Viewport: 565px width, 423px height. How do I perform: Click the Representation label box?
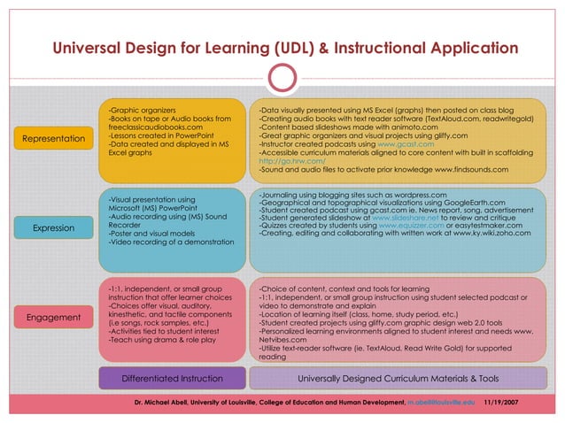[54, 139]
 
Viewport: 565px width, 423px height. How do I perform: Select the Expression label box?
[54, 228]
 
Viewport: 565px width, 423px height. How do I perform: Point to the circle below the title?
[282, 78]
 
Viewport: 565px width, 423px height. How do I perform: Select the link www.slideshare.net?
[404, 218]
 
